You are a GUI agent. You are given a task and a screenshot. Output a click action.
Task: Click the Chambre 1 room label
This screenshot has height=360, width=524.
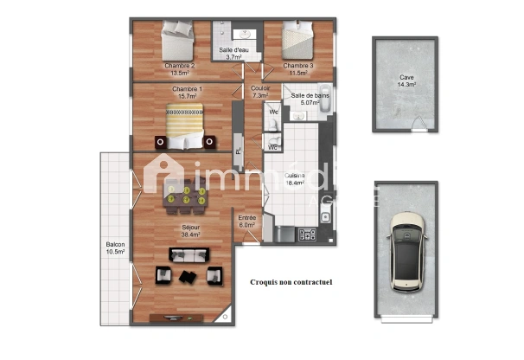pyautogui.click(x=187, y=93)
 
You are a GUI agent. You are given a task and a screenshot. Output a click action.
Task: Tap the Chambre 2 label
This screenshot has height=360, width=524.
pyautogui.click(x=180, y=69)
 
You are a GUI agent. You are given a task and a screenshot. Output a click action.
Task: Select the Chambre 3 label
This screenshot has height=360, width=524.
pyautogui.click(x=297, y=69)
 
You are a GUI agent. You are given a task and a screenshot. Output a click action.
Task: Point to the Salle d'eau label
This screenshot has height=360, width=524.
pyautogui.click(x=234, y=54)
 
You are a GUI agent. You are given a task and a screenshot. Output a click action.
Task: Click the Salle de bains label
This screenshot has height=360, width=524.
pyautogui.click(x=310, y=99)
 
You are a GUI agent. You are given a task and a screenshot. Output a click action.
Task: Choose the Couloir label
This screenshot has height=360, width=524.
pyautogui.click(x=259, y=92)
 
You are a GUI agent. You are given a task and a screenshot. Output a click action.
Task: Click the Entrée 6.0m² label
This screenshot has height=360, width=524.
pyautogui.click(x=246, y=222)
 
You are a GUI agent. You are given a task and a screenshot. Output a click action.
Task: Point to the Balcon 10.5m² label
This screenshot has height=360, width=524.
pyautogui.click(x=115, y=248)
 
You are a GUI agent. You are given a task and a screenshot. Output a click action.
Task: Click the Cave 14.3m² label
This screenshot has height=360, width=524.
pyautogui.click(x=406, y=81)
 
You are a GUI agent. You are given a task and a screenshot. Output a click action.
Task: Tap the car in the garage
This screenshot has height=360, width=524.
pyautogui.click(x=406, y=250)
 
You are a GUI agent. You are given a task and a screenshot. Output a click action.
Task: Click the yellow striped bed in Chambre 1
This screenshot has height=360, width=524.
pyautogui.click(x=185, y=123)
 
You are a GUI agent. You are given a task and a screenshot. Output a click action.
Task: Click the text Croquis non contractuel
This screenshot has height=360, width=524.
pyautogui.click(x=291, y=282)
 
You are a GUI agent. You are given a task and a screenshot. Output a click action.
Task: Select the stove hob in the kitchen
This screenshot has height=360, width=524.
pyautogui.click(x=306, y=234)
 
